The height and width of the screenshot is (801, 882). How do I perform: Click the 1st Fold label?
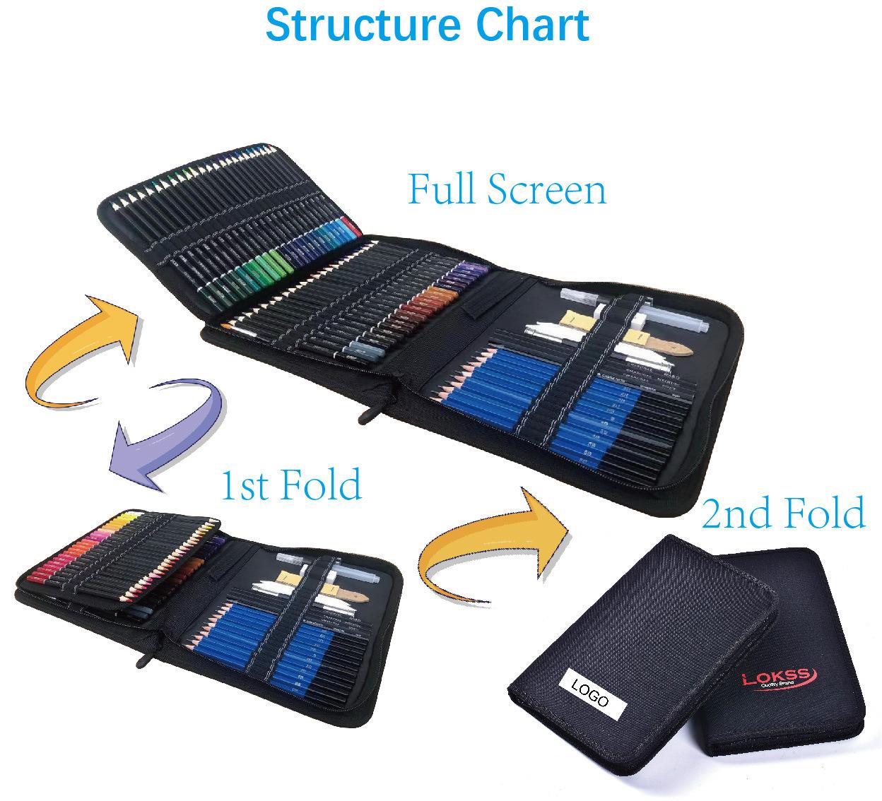pyautogui.click(x=291, y=485)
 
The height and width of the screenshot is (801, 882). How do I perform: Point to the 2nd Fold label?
pyautogui.click(x=783, y=514)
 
